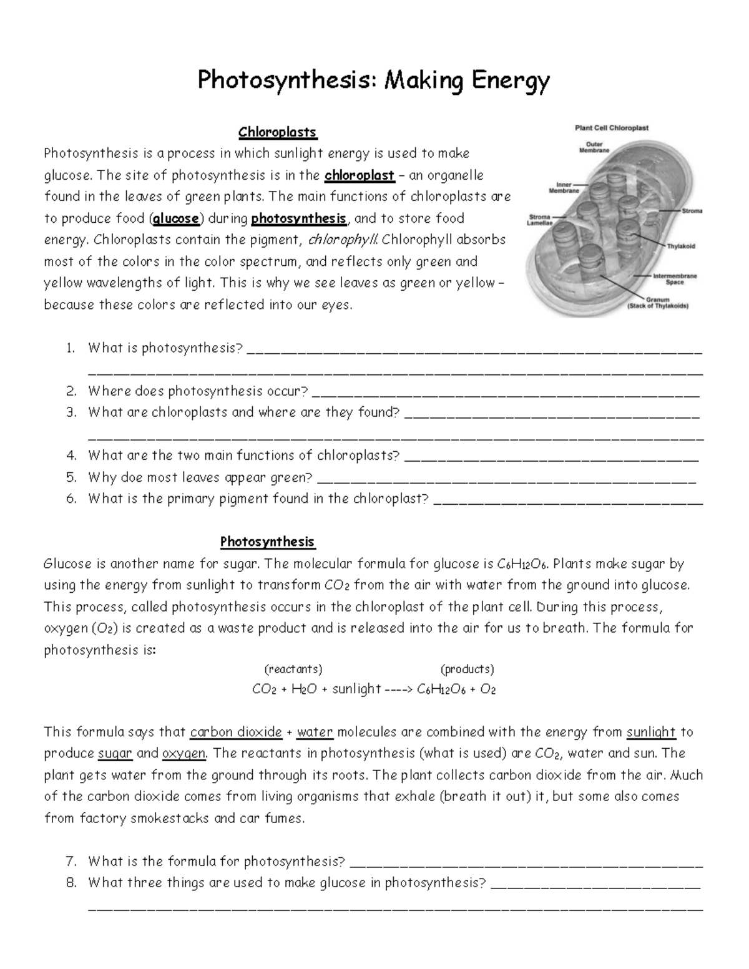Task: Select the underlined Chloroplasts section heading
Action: coord(278,132)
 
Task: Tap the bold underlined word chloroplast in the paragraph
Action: coord(360,175)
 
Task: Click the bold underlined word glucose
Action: coord(177,218)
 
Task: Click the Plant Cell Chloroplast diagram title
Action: coord(611,128)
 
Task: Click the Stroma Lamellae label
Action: coord(540,220)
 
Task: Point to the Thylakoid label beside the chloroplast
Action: coord(681,246)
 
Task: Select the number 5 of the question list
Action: coord(71,478)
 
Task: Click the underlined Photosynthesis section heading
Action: coord(267,542)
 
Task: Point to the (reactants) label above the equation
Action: coord(293,670)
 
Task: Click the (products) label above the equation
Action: coord(468,670)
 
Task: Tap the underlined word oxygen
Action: coord(184,754)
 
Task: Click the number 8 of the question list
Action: coord(71,883)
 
